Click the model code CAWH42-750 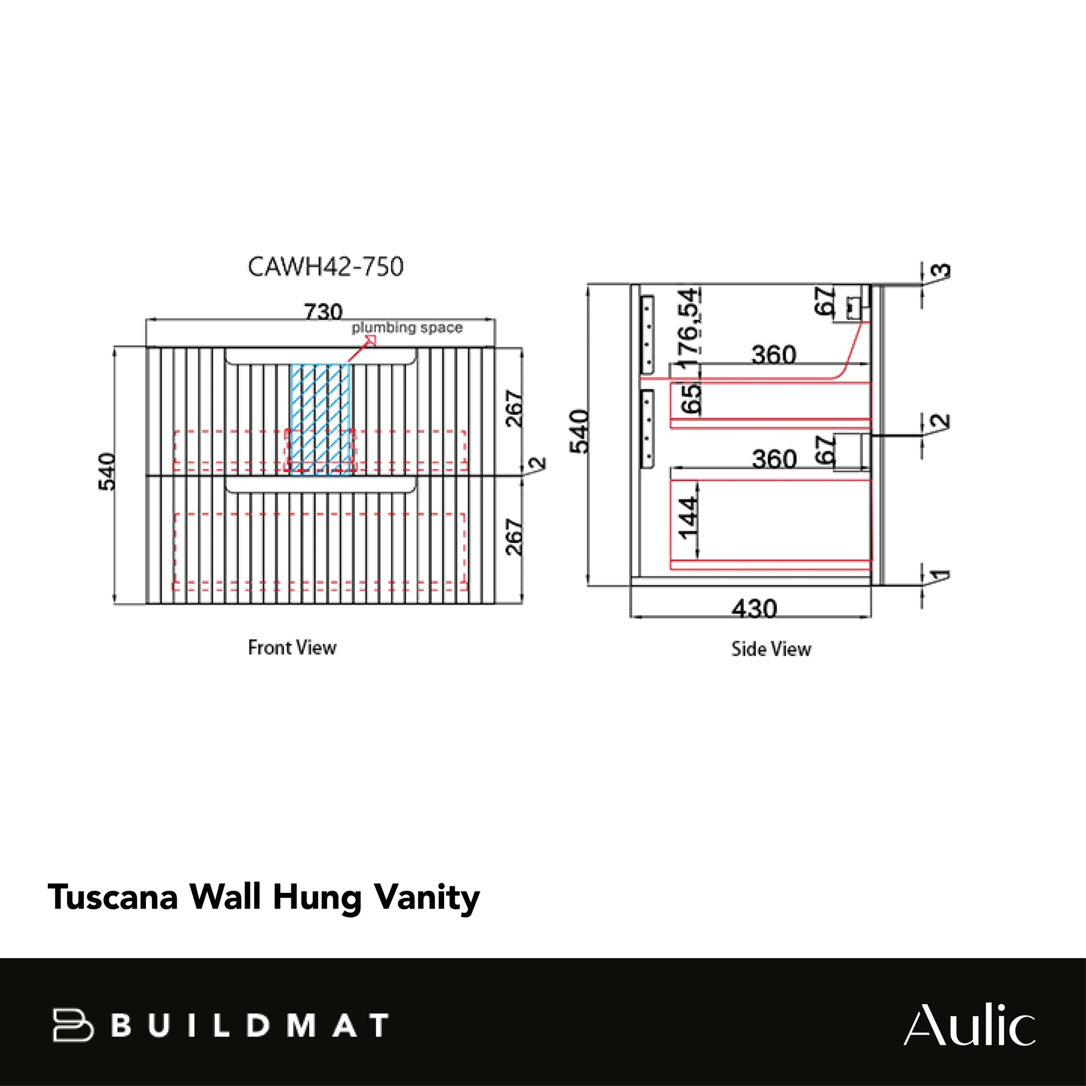coord(325,267)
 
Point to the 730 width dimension coord(323,311)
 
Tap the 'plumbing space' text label coord(407,328)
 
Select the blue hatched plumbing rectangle coord(320,419)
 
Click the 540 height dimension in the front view coord(107,472)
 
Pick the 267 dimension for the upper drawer coord(514,408)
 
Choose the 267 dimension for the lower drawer coord(514,536)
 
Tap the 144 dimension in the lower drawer coord(688,518)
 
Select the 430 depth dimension coord(754,608)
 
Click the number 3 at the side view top coord(941,271)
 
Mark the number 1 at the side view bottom coord(939,576)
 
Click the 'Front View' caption coord(292,647)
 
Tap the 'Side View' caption coord(771,649)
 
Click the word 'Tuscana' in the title coord(113,897)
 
